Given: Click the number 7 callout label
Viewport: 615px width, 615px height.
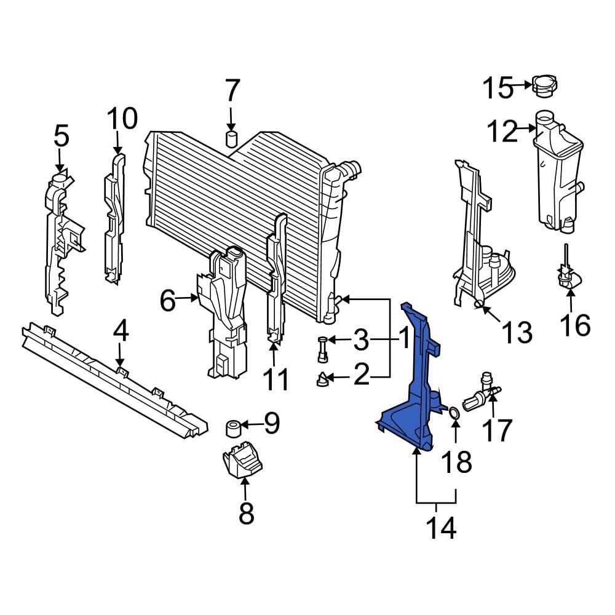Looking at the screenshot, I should pyautogui.click(x=231, y=92).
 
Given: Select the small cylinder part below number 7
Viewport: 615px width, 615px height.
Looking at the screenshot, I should pyautogui.click(x=232, y=138).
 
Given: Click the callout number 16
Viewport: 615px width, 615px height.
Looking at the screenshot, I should pyautogui.click(x=575, y=325).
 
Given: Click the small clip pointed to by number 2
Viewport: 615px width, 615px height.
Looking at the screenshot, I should pyautogui.click(x=321, y=380).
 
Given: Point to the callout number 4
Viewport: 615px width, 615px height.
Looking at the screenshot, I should pyautogui.click(x=121, y=333).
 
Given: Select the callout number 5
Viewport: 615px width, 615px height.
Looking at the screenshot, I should pyautogui.click(x=61, y=136).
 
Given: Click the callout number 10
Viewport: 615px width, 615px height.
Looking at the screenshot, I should pyautogui.click(x=122, y=118).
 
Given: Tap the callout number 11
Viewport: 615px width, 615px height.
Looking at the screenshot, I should pyautogui.click(x=275, y=379).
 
